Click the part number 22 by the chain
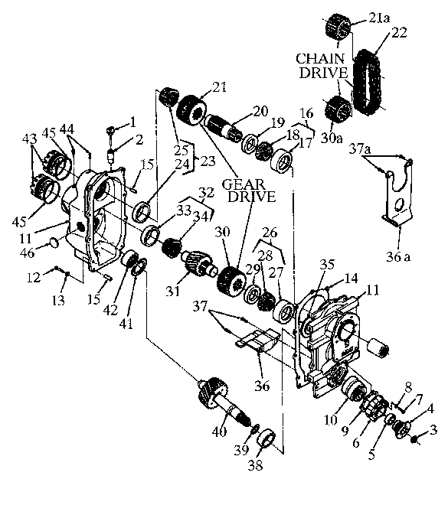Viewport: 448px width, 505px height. click(x=399, y=33)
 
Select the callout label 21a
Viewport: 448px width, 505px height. click(x=379, y=18)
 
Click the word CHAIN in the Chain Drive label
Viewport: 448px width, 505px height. click(x=320, y=59)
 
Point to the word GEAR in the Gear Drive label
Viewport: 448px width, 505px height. click(x=244, y=184)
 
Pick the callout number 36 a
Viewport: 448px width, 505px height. click(x=398, y=257)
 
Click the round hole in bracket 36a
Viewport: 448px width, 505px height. click(x=398, y=205)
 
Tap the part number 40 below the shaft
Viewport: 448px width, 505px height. click(x=219, y=432)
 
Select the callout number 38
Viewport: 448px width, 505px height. click(x=255, y=464)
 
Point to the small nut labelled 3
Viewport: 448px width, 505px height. click(x=415, y=438)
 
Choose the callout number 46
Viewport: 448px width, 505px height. click(x=27, y=252)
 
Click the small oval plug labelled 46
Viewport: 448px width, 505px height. click(x=54, y=242)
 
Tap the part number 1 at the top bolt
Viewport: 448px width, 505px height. click(x=132, y=122)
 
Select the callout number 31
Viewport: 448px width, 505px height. click(x=173, y=292)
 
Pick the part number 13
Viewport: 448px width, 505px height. click(x=58, y=300)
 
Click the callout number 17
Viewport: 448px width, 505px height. click(x=306, y=142)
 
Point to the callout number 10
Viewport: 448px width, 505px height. click(x=331, y=420)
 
